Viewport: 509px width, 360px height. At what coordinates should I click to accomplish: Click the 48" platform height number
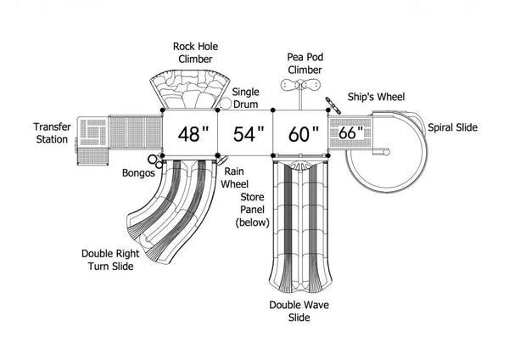193,133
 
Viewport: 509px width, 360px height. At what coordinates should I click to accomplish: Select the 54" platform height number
249,133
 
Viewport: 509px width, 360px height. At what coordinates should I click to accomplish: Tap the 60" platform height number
304,133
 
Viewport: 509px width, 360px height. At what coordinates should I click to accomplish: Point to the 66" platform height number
350,132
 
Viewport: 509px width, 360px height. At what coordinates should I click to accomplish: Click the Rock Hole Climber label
195,53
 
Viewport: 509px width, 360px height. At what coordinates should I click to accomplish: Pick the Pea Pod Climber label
305,64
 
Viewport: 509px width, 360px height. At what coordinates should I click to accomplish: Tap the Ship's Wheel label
376,97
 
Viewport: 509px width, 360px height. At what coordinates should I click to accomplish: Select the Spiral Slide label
452,127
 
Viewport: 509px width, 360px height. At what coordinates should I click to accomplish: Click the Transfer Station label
52,133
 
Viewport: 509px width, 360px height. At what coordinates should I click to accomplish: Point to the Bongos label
138,173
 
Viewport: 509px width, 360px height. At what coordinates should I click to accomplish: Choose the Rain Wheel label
234,177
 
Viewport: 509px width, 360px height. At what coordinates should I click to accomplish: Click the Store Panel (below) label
252,210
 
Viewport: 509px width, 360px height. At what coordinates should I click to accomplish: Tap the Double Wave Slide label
299,311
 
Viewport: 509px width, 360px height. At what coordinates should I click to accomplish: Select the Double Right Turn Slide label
110,260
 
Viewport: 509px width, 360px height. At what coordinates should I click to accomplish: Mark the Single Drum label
246,98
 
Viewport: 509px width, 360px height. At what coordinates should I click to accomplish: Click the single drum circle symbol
226,104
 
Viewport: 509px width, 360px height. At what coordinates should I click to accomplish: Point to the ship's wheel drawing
333,105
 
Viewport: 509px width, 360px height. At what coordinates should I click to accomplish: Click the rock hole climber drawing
190,88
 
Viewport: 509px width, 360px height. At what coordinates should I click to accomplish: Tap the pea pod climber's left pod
290,85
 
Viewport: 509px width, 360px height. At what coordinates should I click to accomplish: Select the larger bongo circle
152,160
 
